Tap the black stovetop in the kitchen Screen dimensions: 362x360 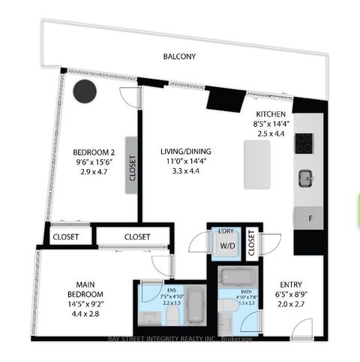coord(304,143)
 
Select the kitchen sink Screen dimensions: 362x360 coord(304,179)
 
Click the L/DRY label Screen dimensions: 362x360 coord(227,231)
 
